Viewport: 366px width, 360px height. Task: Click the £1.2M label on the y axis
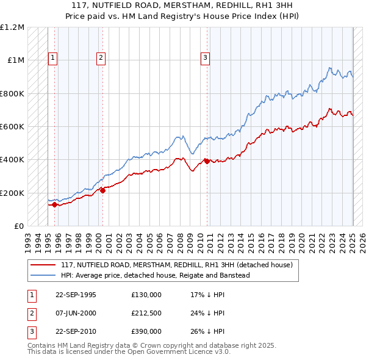tap(12, 27)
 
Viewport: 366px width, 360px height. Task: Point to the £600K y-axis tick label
tap(12, 127)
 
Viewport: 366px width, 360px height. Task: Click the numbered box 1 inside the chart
tap(53, 58)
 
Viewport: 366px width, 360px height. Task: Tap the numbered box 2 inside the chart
tap(100, 58)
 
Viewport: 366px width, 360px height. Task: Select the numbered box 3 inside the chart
tap(205, 58)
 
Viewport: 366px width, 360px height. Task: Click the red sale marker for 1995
tap(55, 204)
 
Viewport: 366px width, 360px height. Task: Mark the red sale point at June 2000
tap(102, 190)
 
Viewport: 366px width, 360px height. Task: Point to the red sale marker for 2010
tap(207, 161)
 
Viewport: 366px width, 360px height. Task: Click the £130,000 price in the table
tap(146, 294)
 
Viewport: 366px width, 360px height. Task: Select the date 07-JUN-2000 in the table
tap(76, 313)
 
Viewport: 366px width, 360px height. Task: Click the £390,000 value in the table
tap(146, 332)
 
